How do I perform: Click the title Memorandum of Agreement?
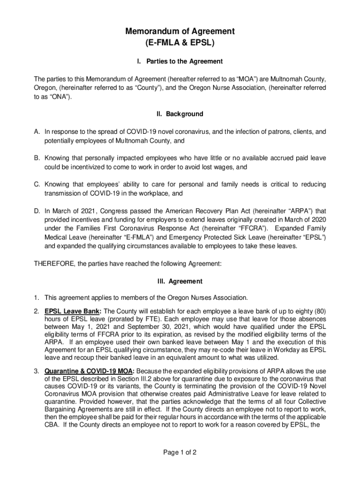[x=180, y=31]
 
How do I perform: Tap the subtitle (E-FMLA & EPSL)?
[x=180, y=43]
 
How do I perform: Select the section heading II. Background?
[x=180, y=114]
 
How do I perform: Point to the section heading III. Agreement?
[x=180, y=281]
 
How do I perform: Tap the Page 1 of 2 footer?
[x=180, y=452]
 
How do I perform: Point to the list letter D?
[x=36, y=210]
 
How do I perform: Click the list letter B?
[x=36, y=158]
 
